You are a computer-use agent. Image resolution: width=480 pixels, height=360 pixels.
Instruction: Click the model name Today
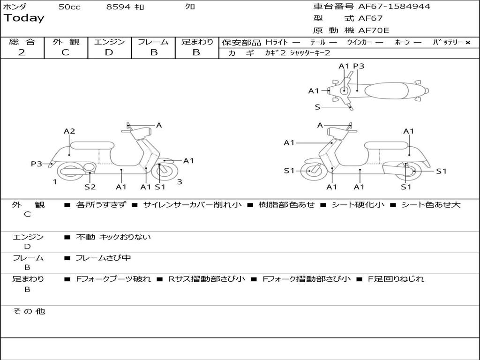pyautogui.click(x=24, y=18)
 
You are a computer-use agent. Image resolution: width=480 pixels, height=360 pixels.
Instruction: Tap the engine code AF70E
pyautogui.click(x=374, y=30)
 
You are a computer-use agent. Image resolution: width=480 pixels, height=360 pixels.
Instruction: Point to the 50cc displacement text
pyautogui.click(x=69, y=7)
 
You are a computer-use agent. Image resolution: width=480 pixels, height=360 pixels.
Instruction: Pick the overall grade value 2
pyautogui.click(x=22, y=52)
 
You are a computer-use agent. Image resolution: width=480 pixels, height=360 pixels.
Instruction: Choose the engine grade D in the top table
pyautogui.click(x=109, y=52)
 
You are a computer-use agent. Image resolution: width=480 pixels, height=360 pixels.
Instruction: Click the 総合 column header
pyautogui.click(x=22, y=42)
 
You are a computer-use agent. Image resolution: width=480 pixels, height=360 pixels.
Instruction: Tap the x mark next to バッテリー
pyautogui.click(x=467, y=43)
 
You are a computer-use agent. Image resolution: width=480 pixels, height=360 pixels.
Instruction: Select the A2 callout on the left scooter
pyautogui.click(x=69, y=131)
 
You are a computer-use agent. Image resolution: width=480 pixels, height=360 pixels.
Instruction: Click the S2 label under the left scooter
pyautogui.click(x=90, y=187)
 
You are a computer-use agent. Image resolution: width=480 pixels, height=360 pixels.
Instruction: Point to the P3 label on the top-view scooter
pyautogui.click(x=359, y=66)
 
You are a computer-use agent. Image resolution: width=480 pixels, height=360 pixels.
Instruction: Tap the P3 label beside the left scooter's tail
pyautogui.click(x=37, y=164)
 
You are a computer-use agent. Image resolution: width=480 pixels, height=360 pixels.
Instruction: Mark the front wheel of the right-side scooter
pyautogui.click(x=310, y=171)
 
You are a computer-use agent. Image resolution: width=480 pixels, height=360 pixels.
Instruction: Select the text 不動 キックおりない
pyautogui.click(x=113, y=237)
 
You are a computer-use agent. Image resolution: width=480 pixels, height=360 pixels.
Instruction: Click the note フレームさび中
pyautogui.click(x=103, y=258)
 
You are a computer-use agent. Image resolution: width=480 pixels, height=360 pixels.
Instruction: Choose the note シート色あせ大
pyautogui.click(x=431, y=205)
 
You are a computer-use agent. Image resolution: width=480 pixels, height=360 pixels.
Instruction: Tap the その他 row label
pyautogui.click(x=29, y=311)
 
